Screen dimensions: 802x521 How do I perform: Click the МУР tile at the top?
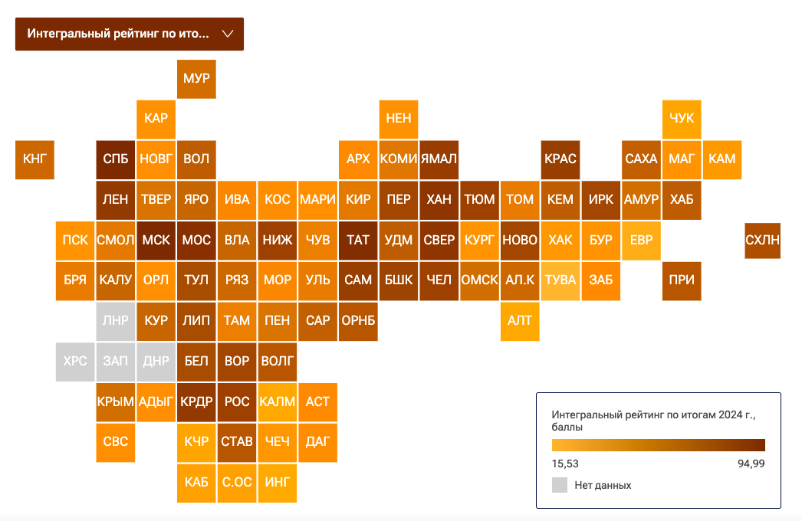point(196,79)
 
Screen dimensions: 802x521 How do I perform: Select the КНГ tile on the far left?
point(35,159)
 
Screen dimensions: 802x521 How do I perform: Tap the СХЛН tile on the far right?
point(762,241)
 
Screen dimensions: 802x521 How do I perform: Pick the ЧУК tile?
point(682,119)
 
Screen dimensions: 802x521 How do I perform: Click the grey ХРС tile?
point(75,362)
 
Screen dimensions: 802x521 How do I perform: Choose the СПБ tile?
point(116,159)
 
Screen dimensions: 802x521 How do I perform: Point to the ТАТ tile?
point(358,241)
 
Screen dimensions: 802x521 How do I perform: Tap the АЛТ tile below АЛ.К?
point(520,321)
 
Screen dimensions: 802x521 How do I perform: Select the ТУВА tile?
point(560,280)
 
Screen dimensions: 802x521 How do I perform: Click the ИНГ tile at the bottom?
point(278,483)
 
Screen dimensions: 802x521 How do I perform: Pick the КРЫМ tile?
point(116,402)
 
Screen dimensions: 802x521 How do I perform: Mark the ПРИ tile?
point(682,280)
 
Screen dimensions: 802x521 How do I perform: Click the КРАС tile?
point(560,159)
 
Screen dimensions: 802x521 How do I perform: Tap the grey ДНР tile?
point(156,362)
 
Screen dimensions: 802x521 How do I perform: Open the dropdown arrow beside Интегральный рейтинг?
point(228,34)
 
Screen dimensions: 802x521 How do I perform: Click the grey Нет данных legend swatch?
point(560,485)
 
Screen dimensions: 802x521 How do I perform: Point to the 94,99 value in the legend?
point(751,464)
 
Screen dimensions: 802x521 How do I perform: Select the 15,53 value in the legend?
point(565,464)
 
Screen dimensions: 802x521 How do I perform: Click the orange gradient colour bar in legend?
point(659,445)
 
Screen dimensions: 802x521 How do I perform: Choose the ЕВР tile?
point(642,241)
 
